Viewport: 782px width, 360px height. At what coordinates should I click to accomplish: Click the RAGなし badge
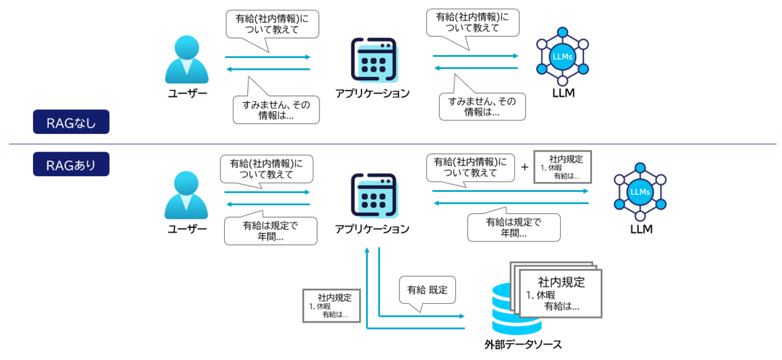pyautogui.click(x=71, y=122)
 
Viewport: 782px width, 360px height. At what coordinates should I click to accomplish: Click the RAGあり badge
pyautogui.click(x=71, y=164)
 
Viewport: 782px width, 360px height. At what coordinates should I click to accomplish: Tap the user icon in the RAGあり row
pyautogui.click(x=186, y=195)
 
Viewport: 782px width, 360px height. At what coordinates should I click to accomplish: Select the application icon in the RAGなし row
pyautogui.click(x=373, y=60)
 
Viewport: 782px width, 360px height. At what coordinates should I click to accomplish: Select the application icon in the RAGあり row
pyautogui.click(x=373, y=195)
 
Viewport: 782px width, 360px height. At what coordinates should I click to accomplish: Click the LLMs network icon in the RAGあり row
pyautogui.click(x=640, y=192)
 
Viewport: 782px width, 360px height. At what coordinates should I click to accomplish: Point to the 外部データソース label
pyautogui.click(x=523, y=345)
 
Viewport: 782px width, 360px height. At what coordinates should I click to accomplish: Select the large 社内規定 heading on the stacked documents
pyautogui.click(x=561, y=282)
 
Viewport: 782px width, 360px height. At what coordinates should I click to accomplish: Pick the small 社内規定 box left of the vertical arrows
pyautogui.click(x=332, y=306)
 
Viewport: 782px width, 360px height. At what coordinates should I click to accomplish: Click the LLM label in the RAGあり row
pyautogui.click(x=641, y=230)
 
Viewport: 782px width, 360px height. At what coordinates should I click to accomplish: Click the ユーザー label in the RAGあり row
pyautogui.click(x=187, y=229)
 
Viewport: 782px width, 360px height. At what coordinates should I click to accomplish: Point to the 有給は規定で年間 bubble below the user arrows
pyautogui.click(x=271, y=230)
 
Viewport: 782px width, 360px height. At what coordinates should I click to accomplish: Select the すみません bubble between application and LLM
pyautogui.click(x=481, y=106)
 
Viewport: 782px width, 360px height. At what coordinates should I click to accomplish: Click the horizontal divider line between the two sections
pyautogui.click(x=391, y=144)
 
